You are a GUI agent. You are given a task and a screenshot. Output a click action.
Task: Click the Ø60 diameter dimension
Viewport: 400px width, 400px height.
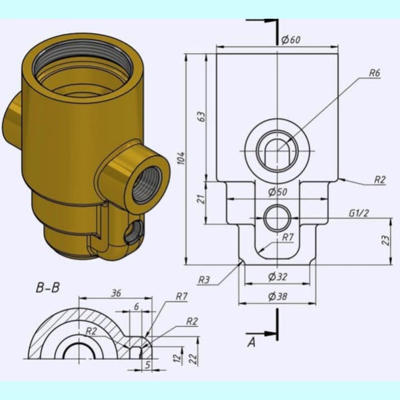(x=291, y=40)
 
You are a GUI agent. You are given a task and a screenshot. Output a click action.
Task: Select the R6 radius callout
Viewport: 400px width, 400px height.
(x=374, y=73)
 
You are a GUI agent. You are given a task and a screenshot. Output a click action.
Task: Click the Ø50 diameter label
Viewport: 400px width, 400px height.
(x=278, y=192)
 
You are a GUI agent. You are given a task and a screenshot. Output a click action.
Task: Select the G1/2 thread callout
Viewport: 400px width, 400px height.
(x=359, y=213)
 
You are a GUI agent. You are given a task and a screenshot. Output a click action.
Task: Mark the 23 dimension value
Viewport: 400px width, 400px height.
(x=385, y=241)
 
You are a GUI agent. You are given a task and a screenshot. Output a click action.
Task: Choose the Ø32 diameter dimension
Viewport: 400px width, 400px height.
(x=278, y=276)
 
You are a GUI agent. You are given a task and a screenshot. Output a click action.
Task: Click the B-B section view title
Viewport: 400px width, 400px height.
(x=48, y=288)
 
